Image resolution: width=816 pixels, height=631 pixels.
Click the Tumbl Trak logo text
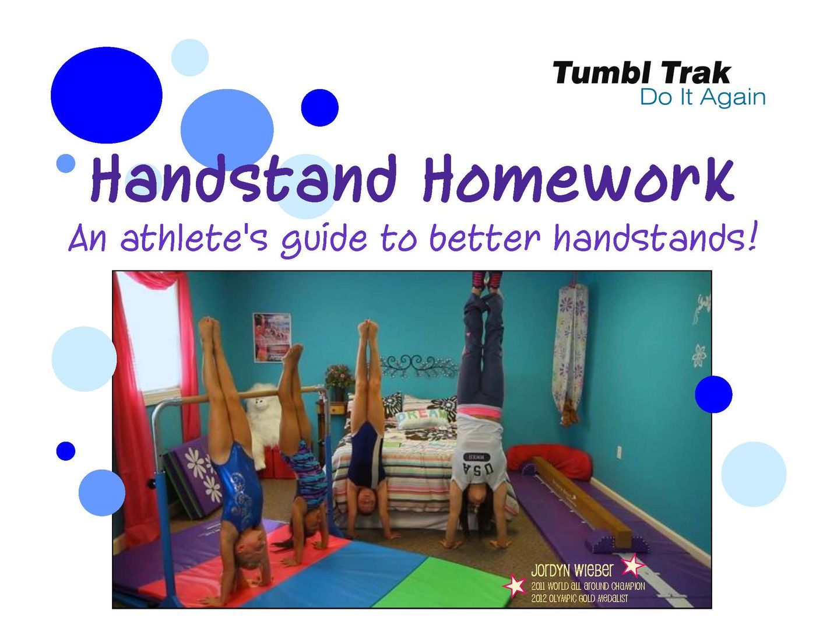[641, 73]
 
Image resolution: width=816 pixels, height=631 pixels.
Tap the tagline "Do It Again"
[702, 97]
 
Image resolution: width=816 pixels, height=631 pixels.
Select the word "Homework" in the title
[578, 179]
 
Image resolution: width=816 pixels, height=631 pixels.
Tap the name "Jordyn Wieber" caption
[572, 570]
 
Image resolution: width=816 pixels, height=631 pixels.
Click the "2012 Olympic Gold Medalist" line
[579, 598]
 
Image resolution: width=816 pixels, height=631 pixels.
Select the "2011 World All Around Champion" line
[588, 586]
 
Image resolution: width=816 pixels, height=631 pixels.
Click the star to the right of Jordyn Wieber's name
[632, 565]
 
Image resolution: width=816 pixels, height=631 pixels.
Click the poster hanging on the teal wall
[272, 337]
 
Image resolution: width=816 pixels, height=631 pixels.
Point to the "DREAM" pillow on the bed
[421, 418]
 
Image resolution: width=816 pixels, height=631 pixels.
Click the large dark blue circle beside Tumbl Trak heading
[107, 95]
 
